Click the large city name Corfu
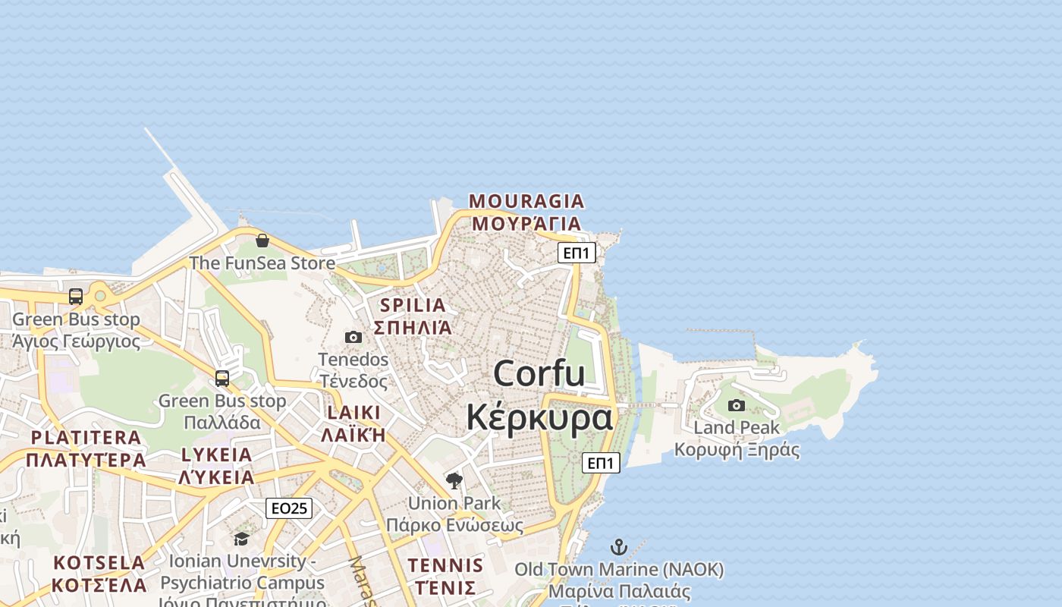coord(539,374)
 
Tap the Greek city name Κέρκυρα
coord(539,417)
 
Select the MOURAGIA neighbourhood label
coord(526,201)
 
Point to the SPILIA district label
coord(413,306)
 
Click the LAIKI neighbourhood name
coord(353,413)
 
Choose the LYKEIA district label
coord(216,455)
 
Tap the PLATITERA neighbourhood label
coord(86,438)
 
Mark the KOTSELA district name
coord(99,563)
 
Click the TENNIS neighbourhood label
coord(445,565)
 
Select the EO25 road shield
coord(289,508)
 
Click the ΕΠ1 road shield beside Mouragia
coord(577,253)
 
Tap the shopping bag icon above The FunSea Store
coord(262,241)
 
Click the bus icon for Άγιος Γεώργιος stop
coord(76,297)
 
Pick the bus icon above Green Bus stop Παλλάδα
coord(222,378)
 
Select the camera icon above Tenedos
coord(353,337)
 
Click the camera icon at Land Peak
coord(737,405)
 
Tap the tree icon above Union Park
coord(454,480)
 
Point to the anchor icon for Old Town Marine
coord(619,547)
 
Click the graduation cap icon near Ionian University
coord(241,539)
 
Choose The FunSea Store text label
coord(262,263)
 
